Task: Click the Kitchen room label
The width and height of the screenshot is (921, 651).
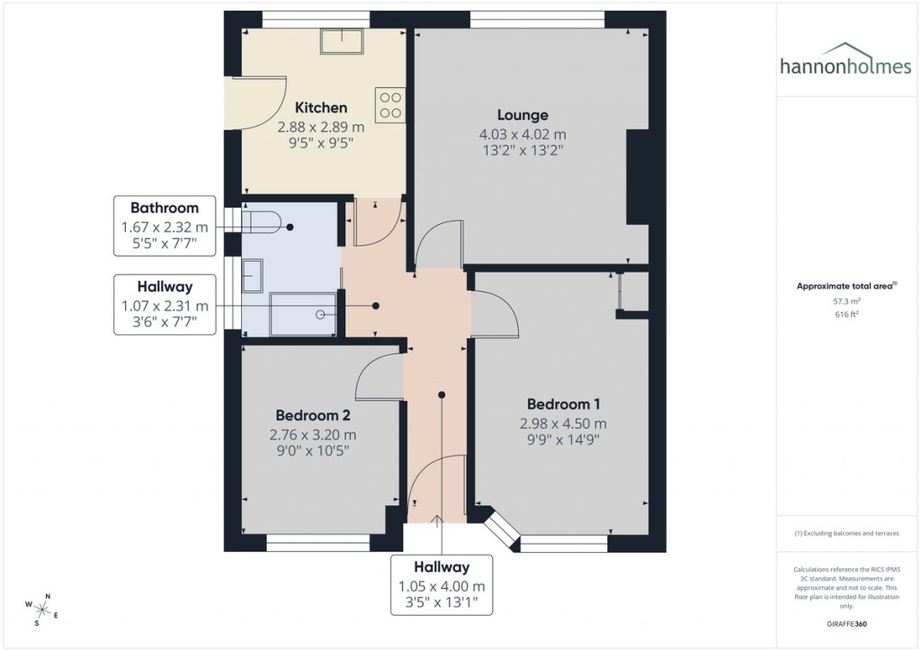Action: [x=314, y=108]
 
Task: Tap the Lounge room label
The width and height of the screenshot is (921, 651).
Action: [x=523, y=115]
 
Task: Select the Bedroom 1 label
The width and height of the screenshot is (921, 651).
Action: [x=563, y=403]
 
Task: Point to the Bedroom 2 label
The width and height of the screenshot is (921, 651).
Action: [x=313, y=415]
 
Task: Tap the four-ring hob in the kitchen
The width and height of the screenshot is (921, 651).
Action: [x=390, y=105]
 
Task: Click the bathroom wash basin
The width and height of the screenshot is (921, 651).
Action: [x=254, y=276]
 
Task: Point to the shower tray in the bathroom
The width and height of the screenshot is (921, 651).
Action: [x=303, y=314]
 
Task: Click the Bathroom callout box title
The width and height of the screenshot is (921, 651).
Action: [x=165, y=209]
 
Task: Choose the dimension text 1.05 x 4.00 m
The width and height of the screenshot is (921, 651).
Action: [x=442, y=585]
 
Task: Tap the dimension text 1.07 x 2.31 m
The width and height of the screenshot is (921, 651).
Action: [x=165, y=306]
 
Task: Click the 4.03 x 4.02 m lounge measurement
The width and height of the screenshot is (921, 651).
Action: [x=523, y=134]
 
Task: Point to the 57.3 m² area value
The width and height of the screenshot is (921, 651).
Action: [x=846, y=303]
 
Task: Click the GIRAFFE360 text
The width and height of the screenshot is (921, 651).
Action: [x=847, y=623]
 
